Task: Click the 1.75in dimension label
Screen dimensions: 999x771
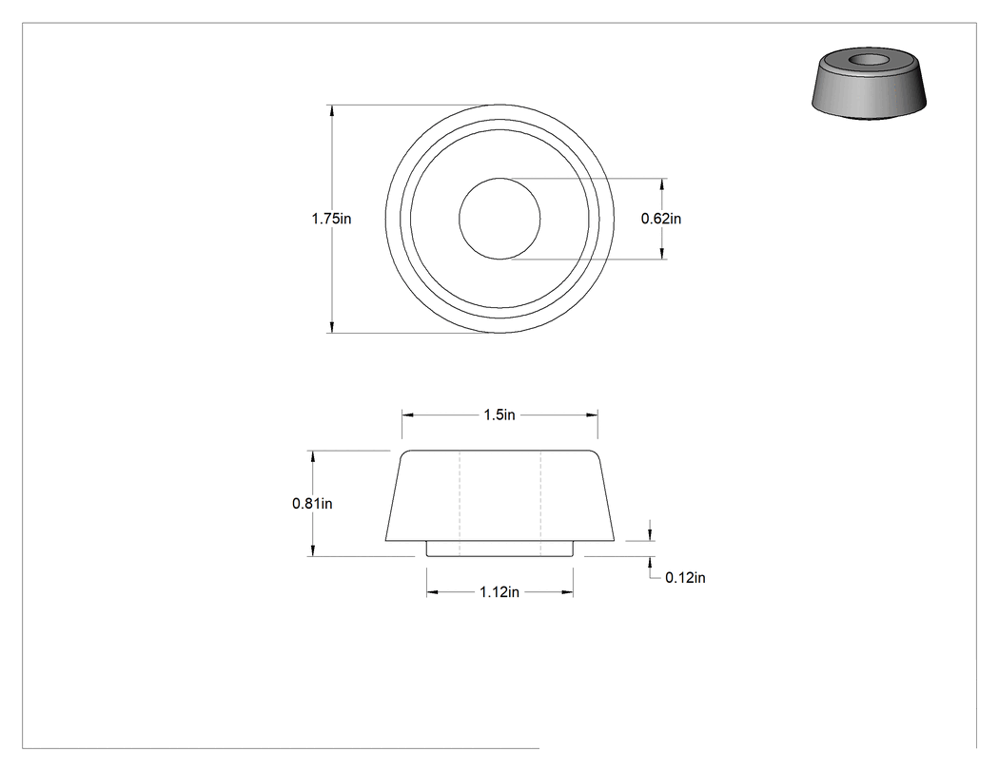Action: [x=331, y=219]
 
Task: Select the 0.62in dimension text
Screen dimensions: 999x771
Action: [x=660, y=219]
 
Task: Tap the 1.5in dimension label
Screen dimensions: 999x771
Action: [x=499, y=415]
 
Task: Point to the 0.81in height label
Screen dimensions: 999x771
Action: [x=312, y=504]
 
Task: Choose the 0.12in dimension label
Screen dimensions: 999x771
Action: [x=685, y=577]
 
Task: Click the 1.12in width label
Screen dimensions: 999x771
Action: [x=499, y=592]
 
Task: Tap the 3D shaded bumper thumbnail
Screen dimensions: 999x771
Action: [x=869, y=83]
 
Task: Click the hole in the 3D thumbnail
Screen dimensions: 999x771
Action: [x=869, y=59]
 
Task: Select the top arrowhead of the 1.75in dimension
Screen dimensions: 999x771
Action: [x=331, y=110]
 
